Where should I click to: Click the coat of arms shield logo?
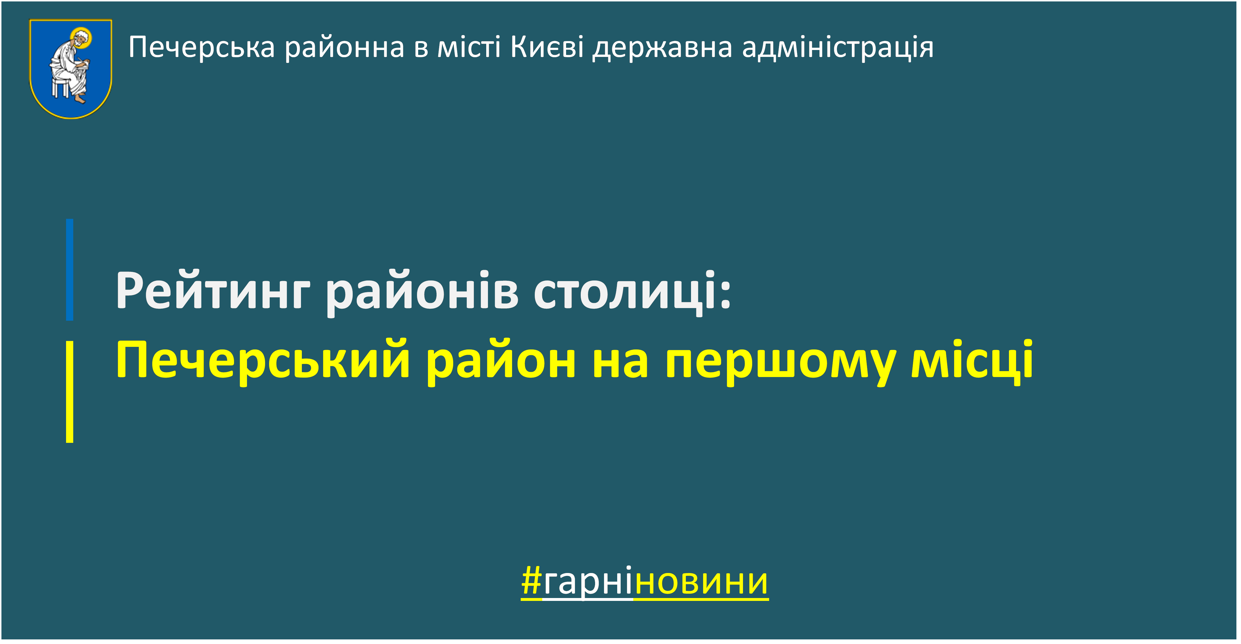pyautogui.click(x=71, y=69)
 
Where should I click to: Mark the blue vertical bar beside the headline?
pyautogui.click(x=70, y=270)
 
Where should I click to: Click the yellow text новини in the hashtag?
pyautogui.click(x=701, y=584)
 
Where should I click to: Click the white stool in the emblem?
pyautogui.click(x=61, y=88)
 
